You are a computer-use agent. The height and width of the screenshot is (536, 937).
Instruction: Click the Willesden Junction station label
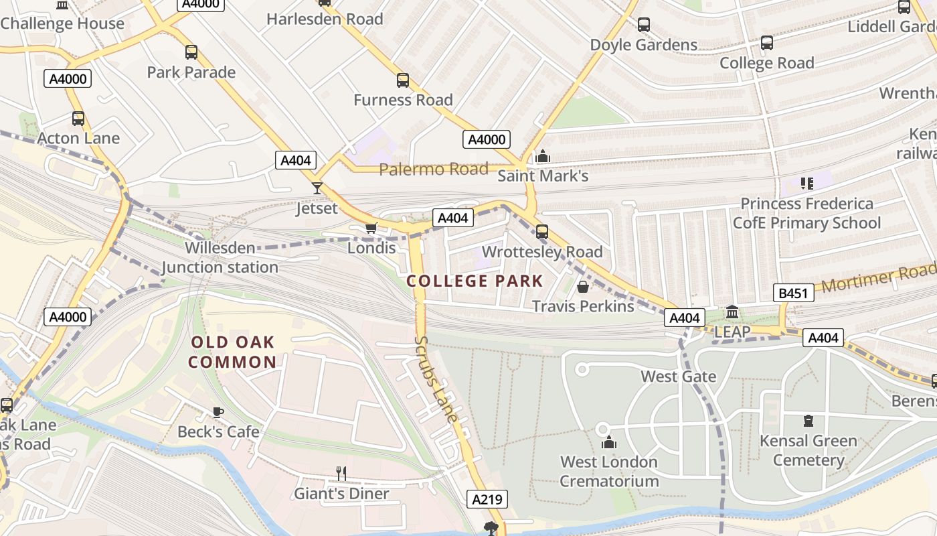(220, 257)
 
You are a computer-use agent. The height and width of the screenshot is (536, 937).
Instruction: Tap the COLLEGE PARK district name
(475, 281)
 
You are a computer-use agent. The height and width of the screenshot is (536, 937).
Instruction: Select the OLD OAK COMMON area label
(232, 352)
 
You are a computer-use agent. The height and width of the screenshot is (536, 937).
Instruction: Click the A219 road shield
(487, 499)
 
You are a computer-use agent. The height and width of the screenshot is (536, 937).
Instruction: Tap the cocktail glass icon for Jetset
(317, 188)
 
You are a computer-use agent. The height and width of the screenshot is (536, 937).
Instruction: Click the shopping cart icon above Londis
(371, 228)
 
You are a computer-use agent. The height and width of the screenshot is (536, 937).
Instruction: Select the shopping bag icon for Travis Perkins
(582, 287)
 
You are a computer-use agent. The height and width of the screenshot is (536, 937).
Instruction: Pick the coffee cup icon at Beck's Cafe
(218, 412)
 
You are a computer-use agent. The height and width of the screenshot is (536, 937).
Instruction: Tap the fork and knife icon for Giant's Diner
(341, 474)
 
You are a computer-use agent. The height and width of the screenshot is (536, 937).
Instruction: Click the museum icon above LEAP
(732, 312)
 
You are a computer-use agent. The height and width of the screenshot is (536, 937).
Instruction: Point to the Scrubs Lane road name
(436, 379)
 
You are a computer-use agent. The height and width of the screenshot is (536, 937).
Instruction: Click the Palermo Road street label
(434, 170)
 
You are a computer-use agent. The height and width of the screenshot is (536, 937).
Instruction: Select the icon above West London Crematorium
(608, 442)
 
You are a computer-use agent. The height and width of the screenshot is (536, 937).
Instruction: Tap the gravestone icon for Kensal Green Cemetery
(808, 421)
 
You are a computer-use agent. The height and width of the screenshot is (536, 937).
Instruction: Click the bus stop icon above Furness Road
(403, 80)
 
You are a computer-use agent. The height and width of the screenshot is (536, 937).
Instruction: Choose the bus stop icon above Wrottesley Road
(542, 232)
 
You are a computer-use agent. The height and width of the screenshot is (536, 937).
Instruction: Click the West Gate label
(678, 377)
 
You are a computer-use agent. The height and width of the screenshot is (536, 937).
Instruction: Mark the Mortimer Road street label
(878, 278)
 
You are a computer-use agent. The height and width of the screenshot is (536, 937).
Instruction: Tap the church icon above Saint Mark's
(543, 157)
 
